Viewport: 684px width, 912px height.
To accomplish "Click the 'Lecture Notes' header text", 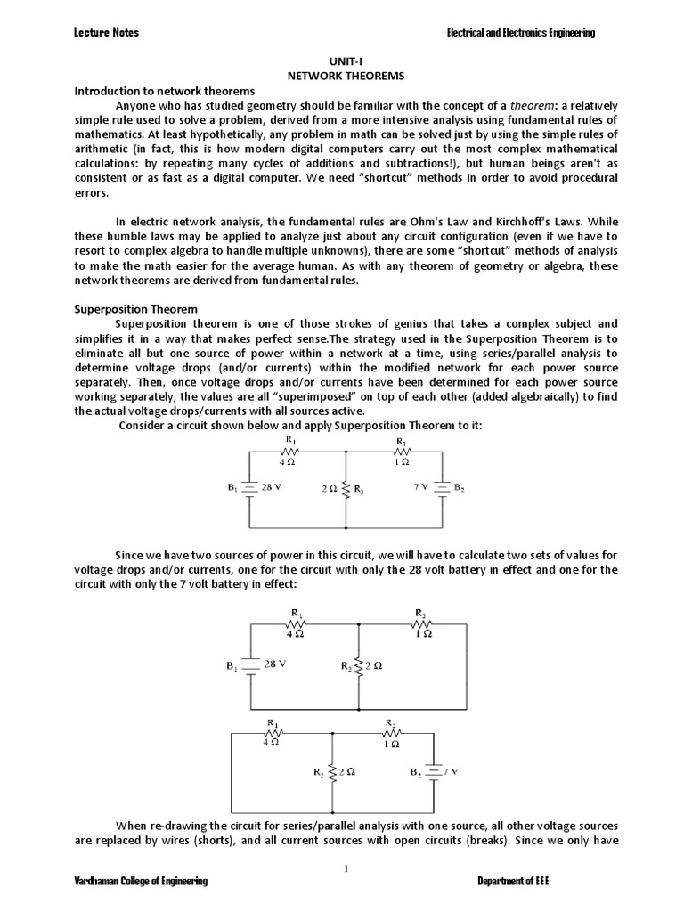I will [x=105, y=33].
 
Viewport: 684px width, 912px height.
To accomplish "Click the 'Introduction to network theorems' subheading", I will [x=164, y=92].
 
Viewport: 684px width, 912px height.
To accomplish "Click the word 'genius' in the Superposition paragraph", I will [x=410, y=323].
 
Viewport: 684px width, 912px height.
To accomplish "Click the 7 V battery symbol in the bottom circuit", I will [x=433, y=773].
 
